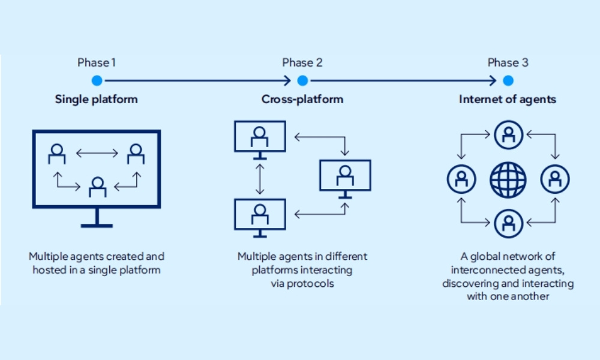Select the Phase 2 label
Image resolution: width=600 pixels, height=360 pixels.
pyautogui.click(x=302, y=62)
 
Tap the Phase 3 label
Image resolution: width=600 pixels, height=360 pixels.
pyautogui.click(x=508, y=62)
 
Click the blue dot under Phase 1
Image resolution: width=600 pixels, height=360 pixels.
pyautogui.click(x=97, y=80)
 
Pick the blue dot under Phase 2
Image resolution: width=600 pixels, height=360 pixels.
pyautogui.click(x=302, y=80)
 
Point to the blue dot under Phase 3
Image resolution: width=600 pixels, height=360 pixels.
pyautogui.click(x=508, y=80)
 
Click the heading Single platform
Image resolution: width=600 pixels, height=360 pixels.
pyautogui.click(x=96, y=99)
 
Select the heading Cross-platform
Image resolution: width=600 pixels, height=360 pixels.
pyautogui.click(x=302, y=99)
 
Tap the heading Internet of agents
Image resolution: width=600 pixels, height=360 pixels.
pyautogui.click(x=508, y=99)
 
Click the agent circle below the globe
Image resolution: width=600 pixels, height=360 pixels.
pyautogui.click(x=508, y=223)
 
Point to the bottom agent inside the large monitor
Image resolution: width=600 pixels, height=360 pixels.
pyautogui.click(x=97, y=187)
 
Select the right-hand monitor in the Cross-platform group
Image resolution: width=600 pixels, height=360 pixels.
pyautogui.click(x=345, y=175)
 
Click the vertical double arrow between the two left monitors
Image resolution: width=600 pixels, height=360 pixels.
pyautogui.click(x=259, y=178)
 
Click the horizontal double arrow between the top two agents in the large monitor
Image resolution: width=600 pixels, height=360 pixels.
pyautogui.click(x=97, y=154)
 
